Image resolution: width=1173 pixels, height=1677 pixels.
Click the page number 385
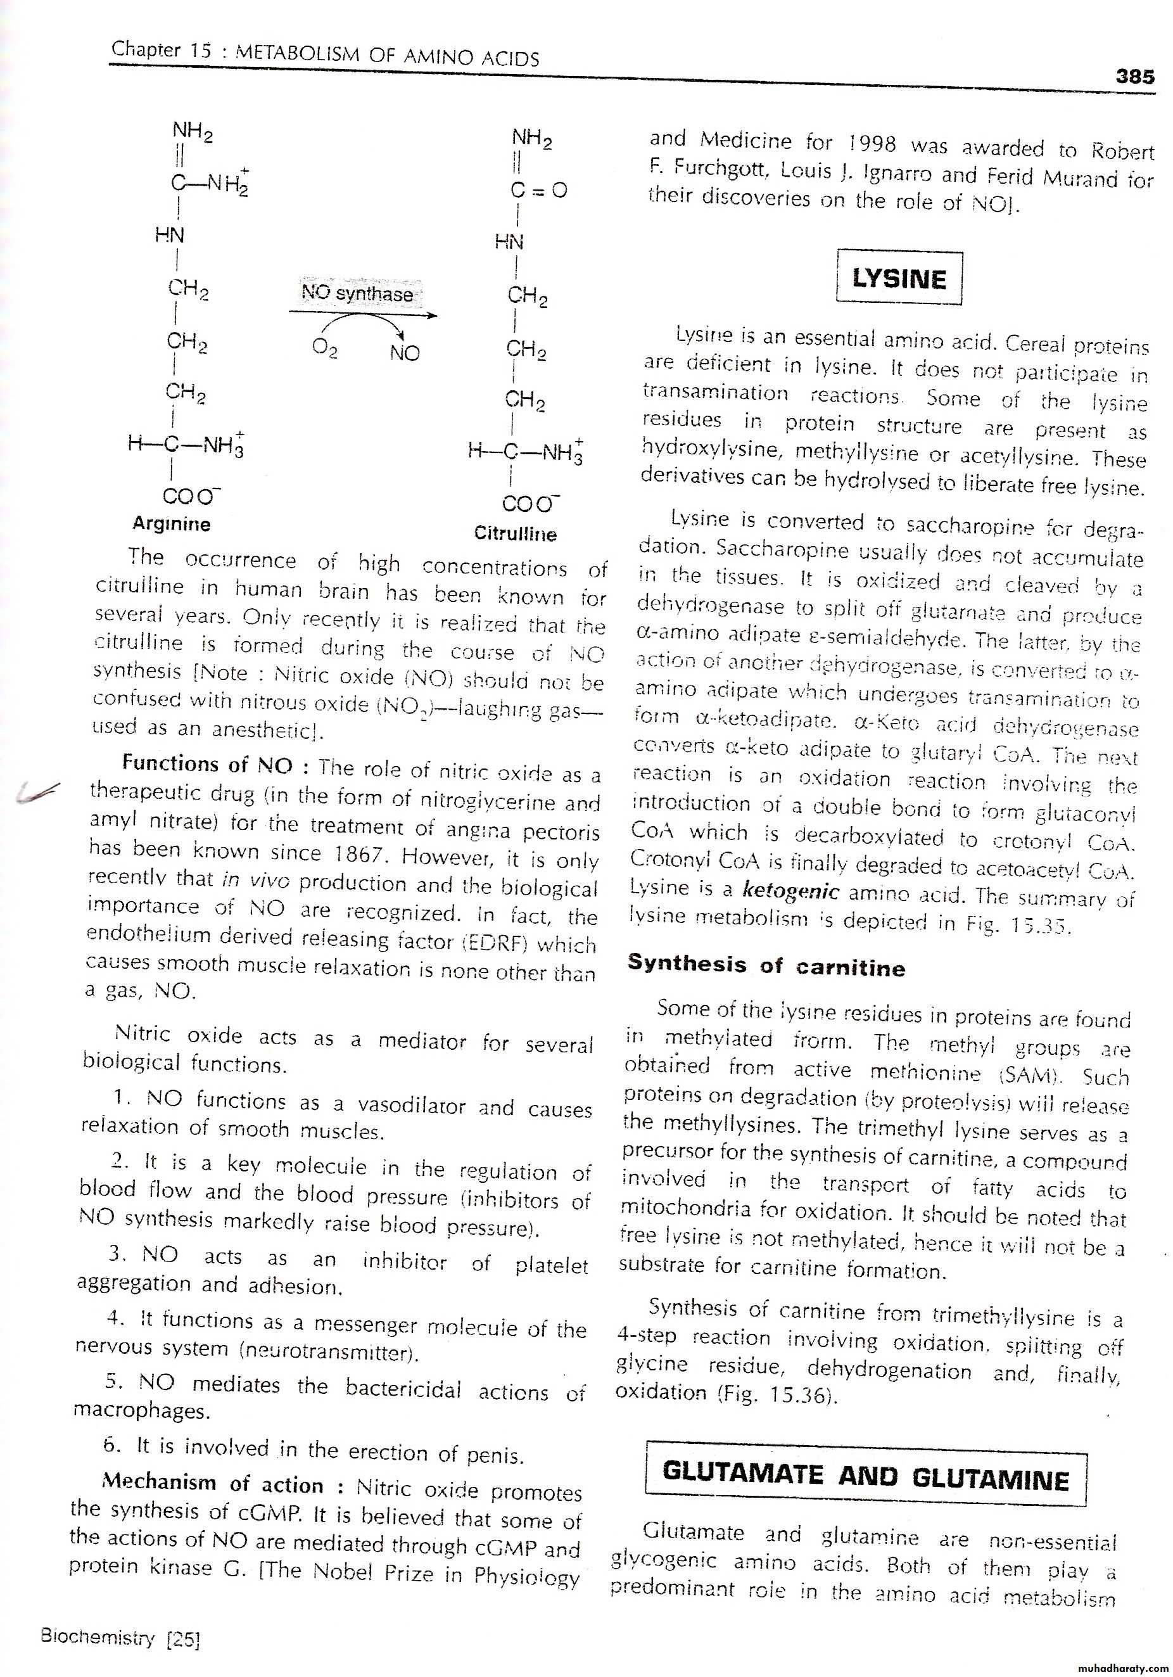1134,77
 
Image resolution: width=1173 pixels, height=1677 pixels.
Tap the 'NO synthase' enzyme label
357,293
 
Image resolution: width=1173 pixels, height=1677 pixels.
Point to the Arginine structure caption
172,524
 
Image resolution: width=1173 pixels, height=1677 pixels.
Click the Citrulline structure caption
515,534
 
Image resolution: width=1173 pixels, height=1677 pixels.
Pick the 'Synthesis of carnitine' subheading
766,966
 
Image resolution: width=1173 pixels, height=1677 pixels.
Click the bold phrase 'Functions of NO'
206,764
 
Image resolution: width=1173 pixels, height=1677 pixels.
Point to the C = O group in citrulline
538,191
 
